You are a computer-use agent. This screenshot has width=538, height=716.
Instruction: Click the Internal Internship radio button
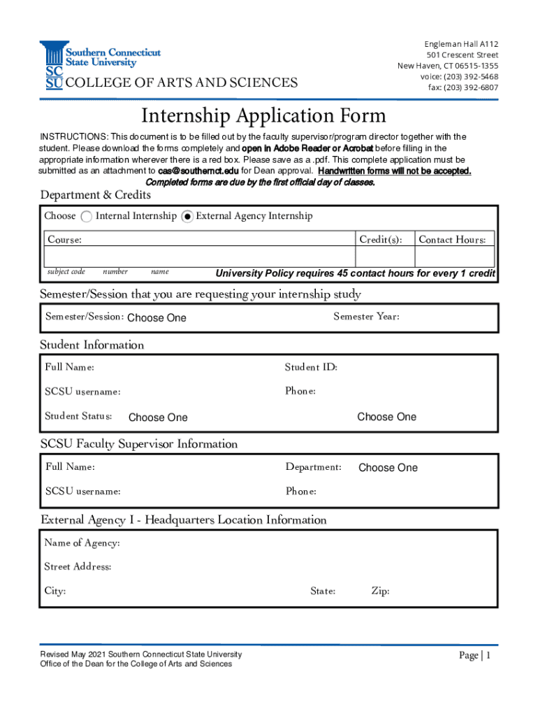point(87,217)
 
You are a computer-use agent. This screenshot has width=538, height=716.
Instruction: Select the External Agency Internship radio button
point(187,217)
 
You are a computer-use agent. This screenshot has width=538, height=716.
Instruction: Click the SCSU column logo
point(52,65)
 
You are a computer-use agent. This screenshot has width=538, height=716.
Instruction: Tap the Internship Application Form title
point(263,115)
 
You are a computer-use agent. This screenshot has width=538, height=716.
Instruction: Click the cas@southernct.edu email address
point(198,171)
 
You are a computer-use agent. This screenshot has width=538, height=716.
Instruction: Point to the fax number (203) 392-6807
point(463,88)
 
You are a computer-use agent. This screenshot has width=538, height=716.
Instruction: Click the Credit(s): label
point(380,240)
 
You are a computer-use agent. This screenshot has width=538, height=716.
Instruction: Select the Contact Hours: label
point(452,240)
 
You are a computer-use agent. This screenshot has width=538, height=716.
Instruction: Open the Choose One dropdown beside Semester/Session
point(157,318)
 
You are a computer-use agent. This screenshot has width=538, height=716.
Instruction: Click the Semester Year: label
point(366,317)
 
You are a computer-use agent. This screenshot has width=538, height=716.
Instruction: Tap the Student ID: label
point(311,367)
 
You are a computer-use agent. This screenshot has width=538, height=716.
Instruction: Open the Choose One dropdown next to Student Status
point(158,417)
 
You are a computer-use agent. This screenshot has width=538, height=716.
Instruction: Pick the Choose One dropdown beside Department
point(388,468)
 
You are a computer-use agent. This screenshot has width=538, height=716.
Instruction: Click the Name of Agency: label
point(82,543)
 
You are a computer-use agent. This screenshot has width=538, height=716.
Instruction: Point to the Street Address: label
point(78,566)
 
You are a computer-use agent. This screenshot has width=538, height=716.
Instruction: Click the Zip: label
point(380,592)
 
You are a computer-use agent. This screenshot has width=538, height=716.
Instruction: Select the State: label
point(323,592)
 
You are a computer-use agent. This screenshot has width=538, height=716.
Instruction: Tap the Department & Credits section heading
point(96,194)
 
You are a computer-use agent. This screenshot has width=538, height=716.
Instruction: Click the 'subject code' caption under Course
point(66,271)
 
